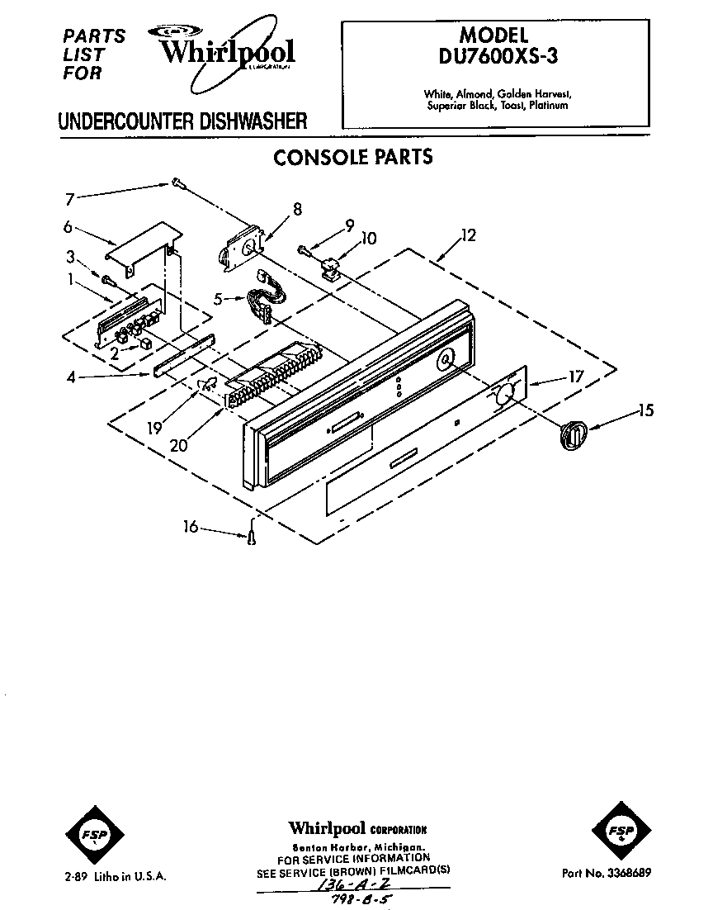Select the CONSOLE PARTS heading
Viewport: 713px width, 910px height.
pos(352,157)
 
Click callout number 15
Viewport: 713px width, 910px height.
pos(645,410)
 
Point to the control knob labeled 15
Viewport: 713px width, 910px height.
pos(572,434)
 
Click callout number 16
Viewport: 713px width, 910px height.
pos(191,526)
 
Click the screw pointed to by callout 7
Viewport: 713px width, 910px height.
pos(177,183)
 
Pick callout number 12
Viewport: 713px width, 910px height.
pos(468,235)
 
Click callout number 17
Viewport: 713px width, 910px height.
pos(575,377)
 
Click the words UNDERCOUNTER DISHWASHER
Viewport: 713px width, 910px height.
pos(182,121)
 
